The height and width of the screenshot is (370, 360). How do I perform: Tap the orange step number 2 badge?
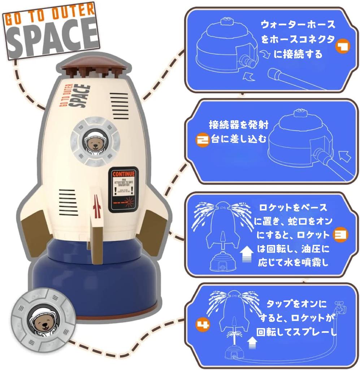point(203,140)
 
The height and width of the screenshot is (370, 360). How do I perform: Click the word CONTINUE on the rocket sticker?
point(123,174)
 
